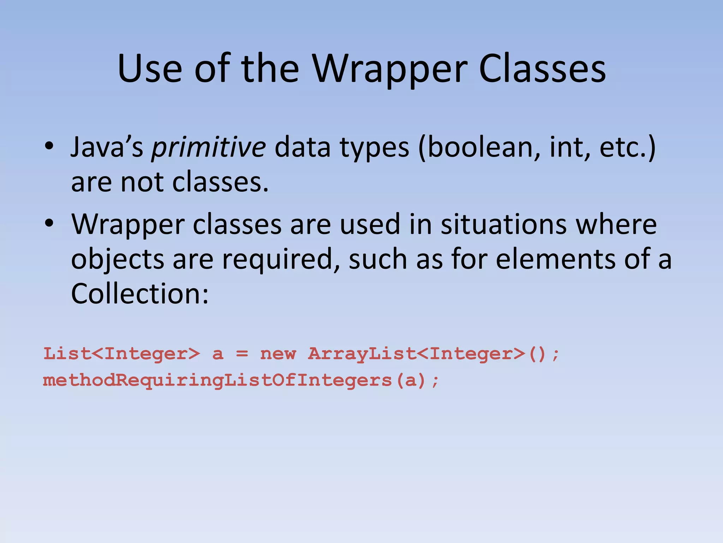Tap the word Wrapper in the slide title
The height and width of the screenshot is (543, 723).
point(390,69)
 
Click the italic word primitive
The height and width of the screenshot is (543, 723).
point(209,147)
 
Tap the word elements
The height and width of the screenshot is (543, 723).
point(556,259)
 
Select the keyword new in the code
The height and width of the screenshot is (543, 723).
point(278,354)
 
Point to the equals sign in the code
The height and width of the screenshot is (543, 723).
point(242,354)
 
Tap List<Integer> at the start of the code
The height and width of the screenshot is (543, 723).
point(121,354)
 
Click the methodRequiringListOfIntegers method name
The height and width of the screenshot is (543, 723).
point(217,381)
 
